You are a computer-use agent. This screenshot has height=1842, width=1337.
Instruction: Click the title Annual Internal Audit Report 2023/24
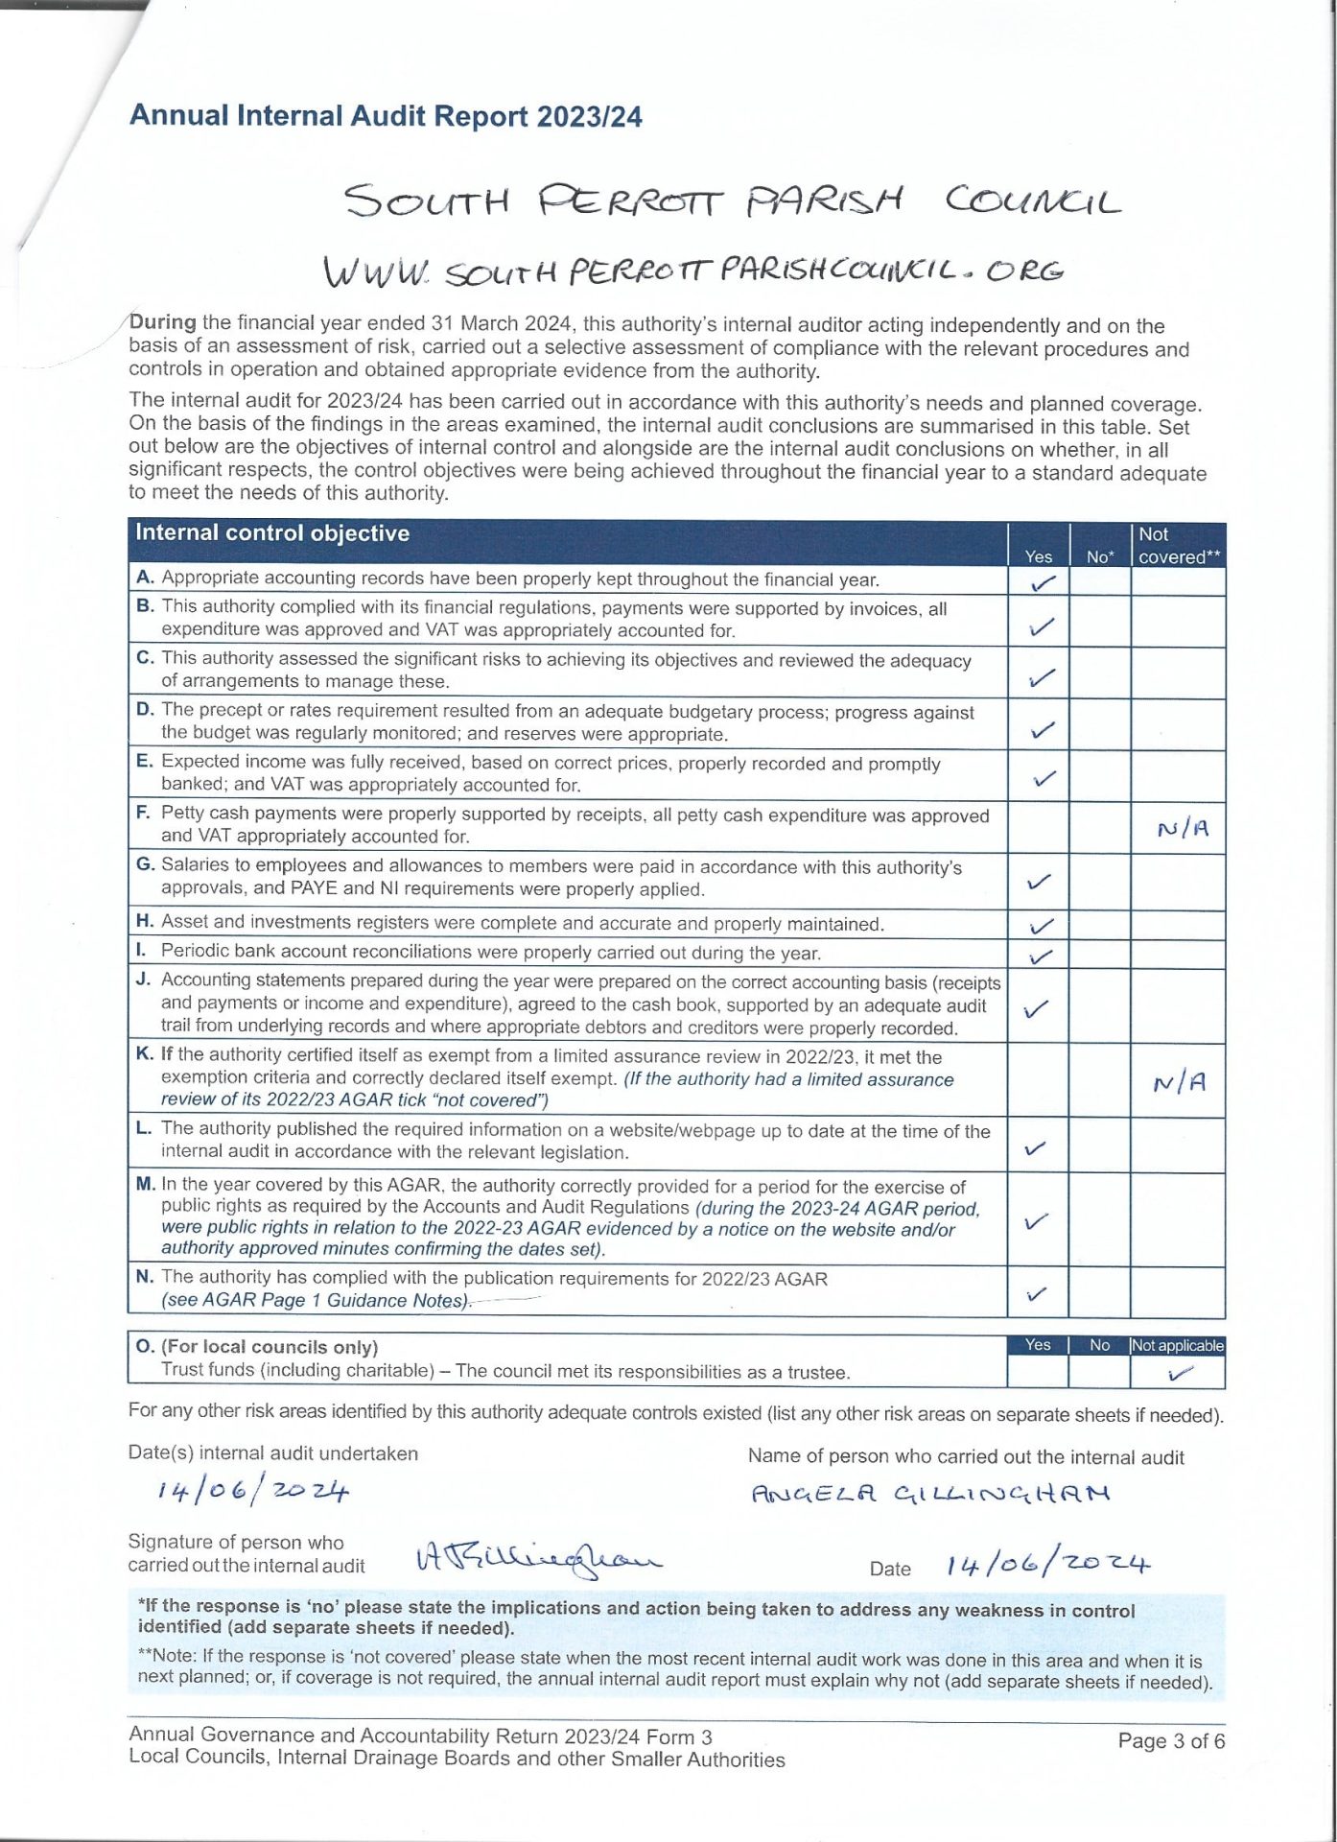(386, 116)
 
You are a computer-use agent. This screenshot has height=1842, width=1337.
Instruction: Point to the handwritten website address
(692, 271)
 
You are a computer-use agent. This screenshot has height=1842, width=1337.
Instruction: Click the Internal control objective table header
(272, 533)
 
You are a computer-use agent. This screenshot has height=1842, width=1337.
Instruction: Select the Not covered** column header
(1178, 546)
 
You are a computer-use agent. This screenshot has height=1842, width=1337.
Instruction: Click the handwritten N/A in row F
(1183, 829)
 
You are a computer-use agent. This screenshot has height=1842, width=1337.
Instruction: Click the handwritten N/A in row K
(1179, 1083)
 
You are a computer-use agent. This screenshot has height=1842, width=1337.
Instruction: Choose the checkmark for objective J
(1036, 1009)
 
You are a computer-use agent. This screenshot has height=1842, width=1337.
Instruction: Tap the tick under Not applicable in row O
(1180, 1374)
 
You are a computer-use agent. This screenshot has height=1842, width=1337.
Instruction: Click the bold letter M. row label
(146, 1185)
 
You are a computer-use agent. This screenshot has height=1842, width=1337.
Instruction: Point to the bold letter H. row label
(146, 922)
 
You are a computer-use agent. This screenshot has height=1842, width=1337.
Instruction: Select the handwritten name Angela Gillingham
(929, 1494)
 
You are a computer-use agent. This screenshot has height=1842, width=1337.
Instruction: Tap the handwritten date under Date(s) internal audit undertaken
(253, 1491)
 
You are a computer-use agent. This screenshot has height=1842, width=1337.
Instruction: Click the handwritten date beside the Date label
(1047, 1565)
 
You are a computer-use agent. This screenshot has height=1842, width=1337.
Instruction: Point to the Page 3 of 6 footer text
(1170, 1741)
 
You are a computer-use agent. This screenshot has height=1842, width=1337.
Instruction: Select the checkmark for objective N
(1036, 1294)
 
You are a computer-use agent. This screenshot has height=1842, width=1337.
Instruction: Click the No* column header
(1100, 556)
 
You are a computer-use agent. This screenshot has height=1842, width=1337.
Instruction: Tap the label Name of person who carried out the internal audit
(965, 1457)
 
